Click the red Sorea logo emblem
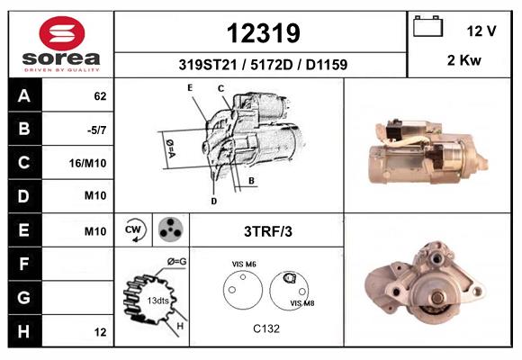click(62, 33)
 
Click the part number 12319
click(264, 33)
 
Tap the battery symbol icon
click(427, 26)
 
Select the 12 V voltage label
click(481, 31)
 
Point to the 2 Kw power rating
click(464, 60)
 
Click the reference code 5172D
click(271, 65)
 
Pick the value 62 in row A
click(100, 96)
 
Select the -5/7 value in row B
click(96, 130)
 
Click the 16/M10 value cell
click(87, 163)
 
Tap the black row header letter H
click(23, 331)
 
